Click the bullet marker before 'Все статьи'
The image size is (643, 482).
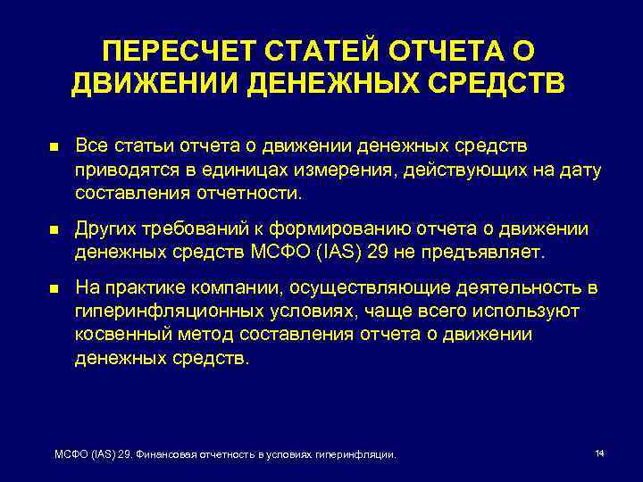pos(54,146)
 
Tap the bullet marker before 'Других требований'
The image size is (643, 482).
pos(54,230)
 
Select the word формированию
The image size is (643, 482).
pos(352,229)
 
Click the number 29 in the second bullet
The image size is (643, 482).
pos(377,253)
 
